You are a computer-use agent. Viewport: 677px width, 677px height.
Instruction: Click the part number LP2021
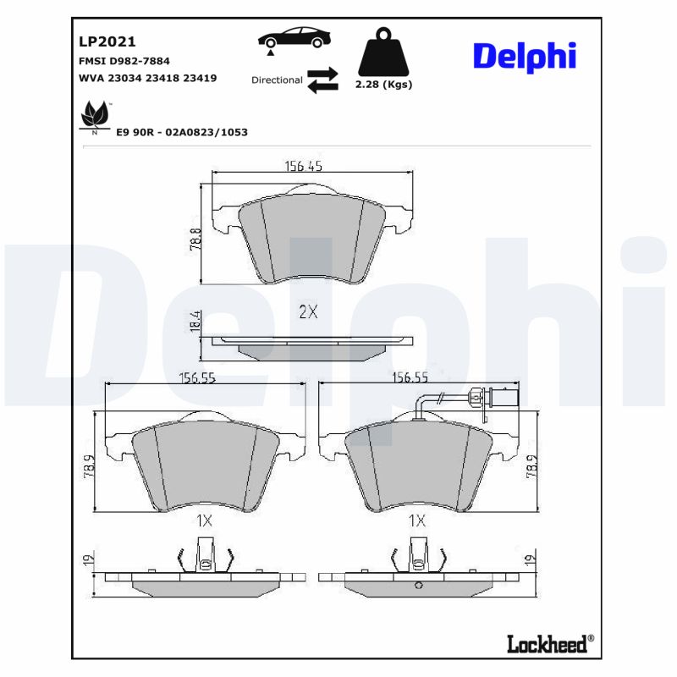(x=107, y=41)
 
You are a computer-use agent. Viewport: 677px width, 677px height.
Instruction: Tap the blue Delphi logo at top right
(x=524, y=56)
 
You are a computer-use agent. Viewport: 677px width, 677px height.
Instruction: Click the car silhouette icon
(x=294, y=38)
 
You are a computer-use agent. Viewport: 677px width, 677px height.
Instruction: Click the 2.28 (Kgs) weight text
(x=384, y=85)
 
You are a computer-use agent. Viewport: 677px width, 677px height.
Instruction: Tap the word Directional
(x=277, y=80)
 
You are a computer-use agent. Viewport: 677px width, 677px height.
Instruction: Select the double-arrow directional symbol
(x=322, y=80)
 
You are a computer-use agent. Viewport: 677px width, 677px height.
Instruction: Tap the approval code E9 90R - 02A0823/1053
(x=181, y=133)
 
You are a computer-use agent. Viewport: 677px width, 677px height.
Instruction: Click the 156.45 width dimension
(x=303, y=167)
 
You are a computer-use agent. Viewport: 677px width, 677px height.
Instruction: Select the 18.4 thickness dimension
(x=195, y=322)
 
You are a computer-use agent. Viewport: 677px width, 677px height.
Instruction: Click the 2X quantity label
(x=308, y=311)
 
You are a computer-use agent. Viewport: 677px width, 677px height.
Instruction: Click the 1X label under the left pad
(x=203, y=521)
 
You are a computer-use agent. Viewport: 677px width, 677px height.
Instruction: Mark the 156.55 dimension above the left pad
(x=196, y=379)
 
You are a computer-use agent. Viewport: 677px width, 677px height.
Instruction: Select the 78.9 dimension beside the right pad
(x=532, y=467)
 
